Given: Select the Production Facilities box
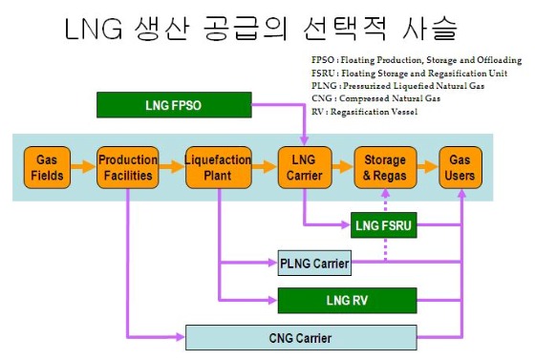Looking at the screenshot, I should (x=127, y=167).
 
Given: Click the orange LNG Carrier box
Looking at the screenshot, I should (x=304, y=167).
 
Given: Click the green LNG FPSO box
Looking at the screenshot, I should (x=174, y=104).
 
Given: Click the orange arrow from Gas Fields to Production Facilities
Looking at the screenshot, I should (x=83, y=167).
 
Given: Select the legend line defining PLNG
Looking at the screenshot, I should (x=393, y=87).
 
